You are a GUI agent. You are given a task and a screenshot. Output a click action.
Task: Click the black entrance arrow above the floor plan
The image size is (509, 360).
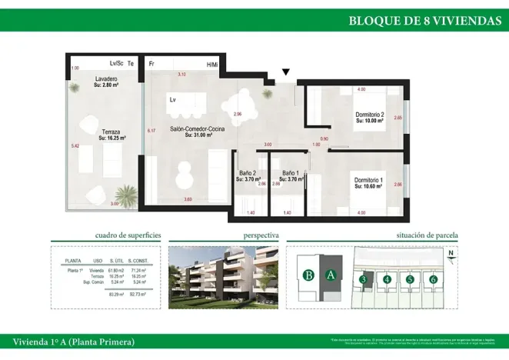286,73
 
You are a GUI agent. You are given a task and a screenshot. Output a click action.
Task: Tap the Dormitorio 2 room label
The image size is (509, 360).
369,116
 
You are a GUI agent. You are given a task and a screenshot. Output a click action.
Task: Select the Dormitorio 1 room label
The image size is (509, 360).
369,182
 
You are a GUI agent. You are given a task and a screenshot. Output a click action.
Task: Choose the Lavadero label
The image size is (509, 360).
106,79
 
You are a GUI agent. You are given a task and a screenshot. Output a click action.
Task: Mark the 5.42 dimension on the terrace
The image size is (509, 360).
75,145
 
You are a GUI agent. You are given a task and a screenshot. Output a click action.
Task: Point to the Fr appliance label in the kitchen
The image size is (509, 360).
152,64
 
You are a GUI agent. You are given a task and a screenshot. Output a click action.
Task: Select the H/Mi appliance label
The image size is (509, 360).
212,64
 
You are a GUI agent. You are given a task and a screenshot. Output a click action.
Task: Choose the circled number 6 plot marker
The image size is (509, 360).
434,279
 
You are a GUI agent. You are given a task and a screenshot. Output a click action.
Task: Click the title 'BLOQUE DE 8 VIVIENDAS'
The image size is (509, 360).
424,20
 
